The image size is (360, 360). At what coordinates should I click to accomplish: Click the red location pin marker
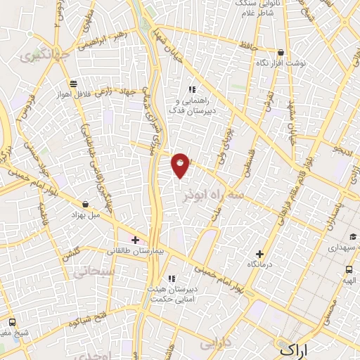(x=181, y=165)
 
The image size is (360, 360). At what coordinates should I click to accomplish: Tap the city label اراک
(x=294, y=349)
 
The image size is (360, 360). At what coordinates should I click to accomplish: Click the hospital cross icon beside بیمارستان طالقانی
(x=135, y=240)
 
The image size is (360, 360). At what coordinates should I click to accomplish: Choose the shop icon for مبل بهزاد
(x=85, y=204)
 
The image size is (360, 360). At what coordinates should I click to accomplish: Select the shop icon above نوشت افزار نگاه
(x=281, y=53)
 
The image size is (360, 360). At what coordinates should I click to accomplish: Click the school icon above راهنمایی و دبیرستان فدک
(x=191, y=89)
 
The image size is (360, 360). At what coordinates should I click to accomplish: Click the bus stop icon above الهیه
(x=349, y=269)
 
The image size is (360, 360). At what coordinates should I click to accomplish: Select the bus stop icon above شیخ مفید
(x=11, y=323)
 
